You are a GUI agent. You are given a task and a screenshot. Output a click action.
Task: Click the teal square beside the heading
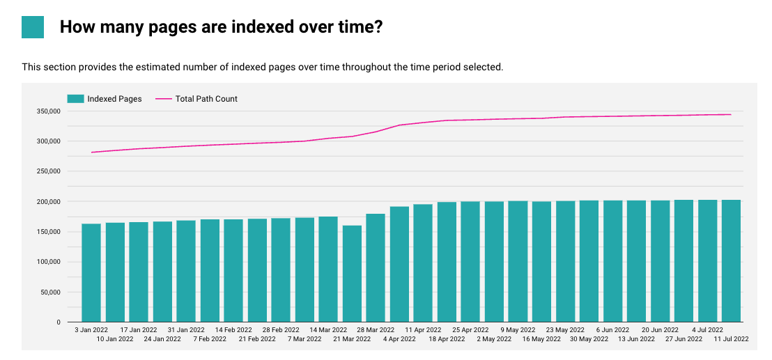click(x=33, y=27)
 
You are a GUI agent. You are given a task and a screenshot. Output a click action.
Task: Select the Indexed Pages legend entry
click(x=105, y=99)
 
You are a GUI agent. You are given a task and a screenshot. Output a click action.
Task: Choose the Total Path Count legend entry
click(x=196, y=99)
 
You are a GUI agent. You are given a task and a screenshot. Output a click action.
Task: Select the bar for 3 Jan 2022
click(x=91, y=272)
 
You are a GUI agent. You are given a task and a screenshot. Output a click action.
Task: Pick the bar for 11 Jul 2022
click(x=731, y=260)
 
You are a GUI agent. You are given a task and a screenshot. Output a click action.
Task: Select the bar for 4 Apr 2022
click(x=399, y=264)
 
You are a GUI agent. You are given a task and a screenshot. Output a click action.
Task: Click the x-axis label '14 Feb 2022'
click(x=233, y=330)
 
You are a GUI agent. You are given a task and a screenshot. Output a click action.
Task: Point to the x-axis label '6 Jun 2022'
click(x=612, y=330)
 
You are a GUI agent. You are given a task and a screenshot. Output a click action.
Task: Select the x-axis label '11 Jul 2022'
click(x=731, y=339)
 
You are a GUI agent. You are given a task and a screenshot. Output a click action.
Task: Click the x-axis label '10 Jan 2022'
click(x=115, y=339)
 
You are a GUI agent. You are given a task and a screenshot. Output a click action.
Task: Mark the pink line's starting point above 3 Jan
click(x=92, y=152)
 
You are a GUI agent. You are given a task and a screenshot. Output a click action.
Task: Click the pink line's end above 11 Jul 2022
click(x=731, y=114)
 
